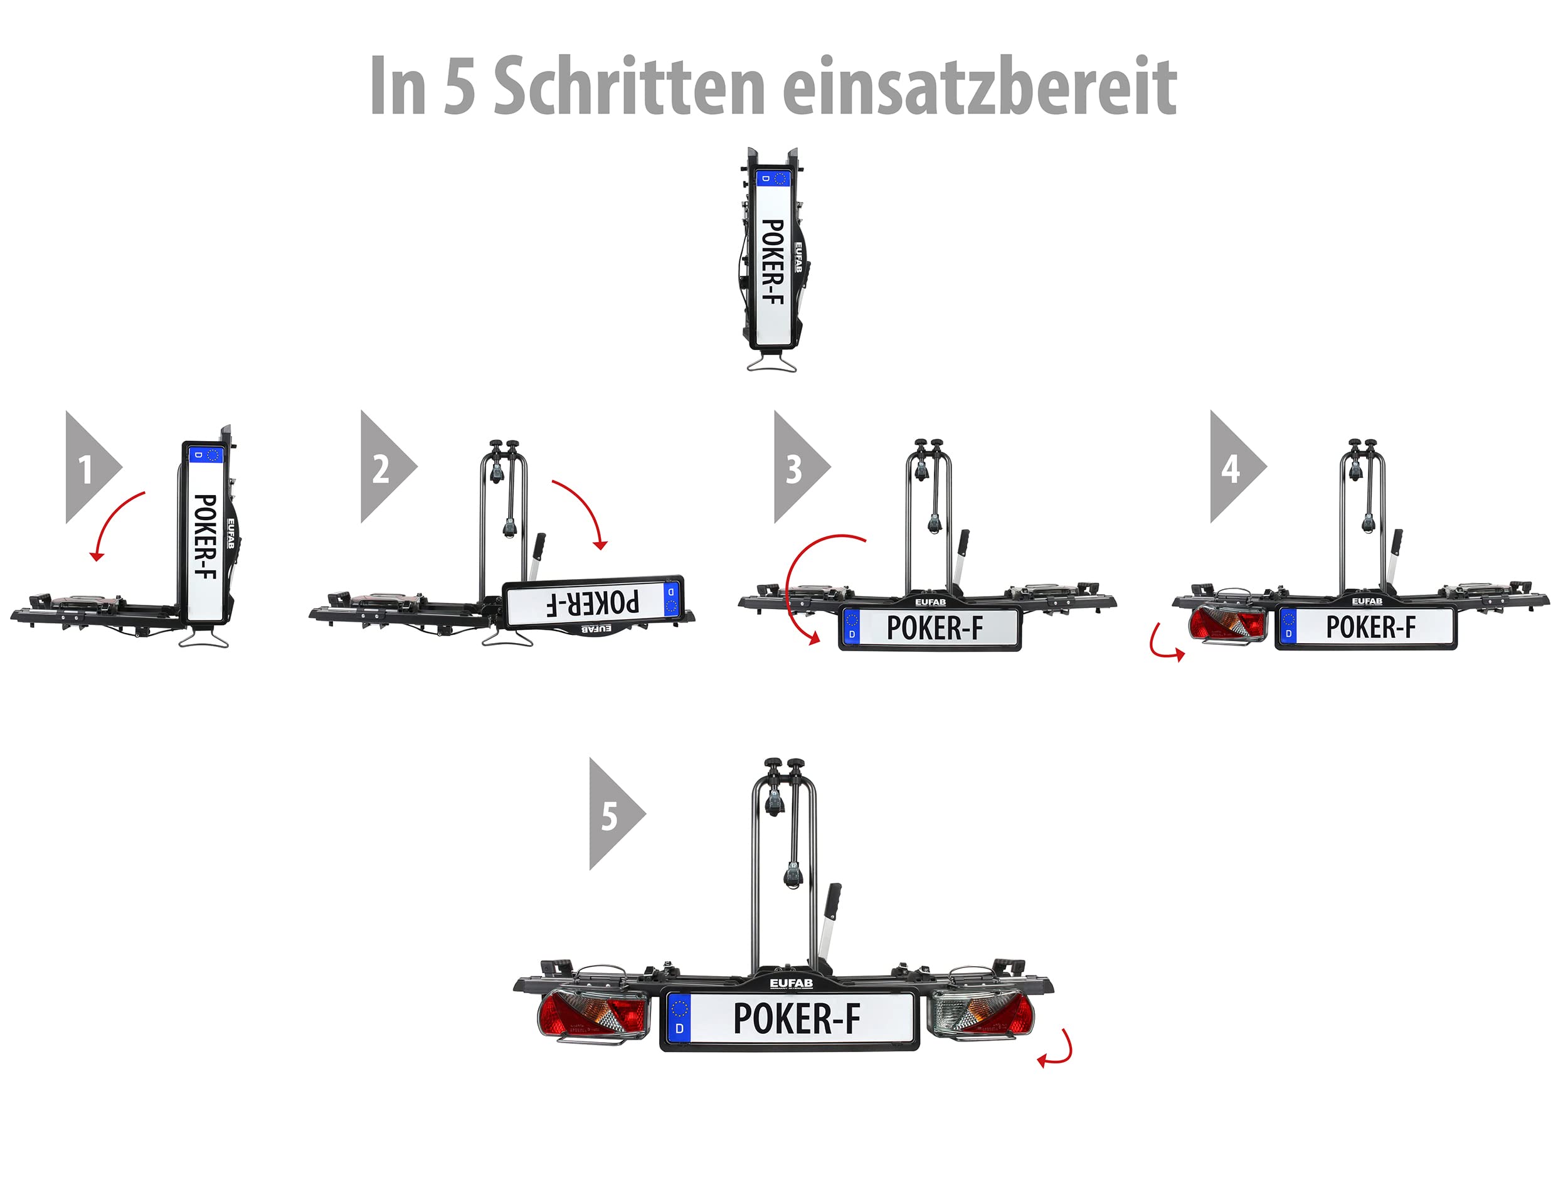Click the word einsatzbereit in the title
tap(980, 87)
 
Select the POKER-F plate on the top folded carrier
tap(771, 260)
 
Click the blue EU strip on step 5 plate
tap(679, 1018)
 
